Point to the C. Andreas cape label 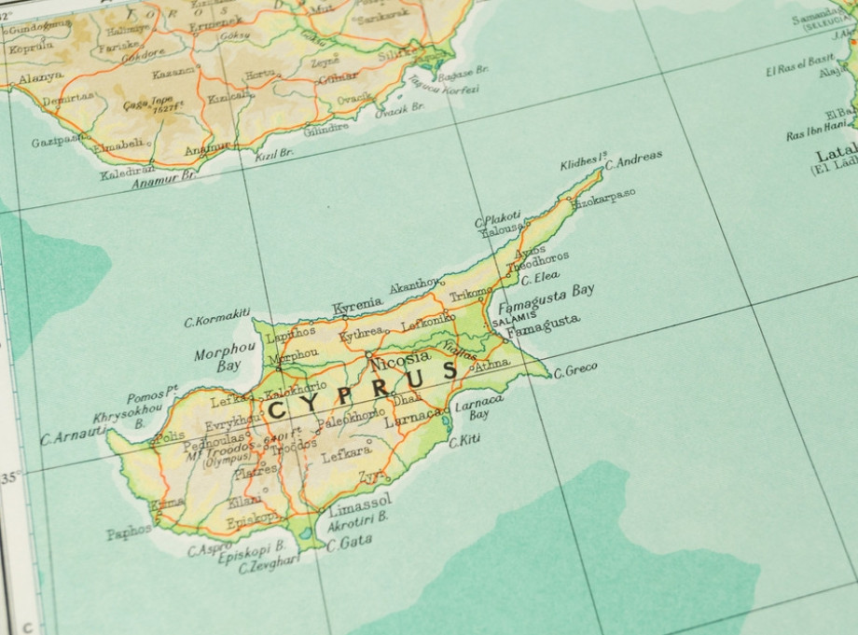[x=634, y=159]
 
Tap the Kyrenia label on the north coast [x=357, y=305]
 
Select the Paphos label [x=129, y=532]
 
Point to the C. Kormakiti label [x=216, y=318]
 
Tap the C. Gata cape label [x=350, y=541]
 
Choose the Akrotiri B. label [x=357, y=521]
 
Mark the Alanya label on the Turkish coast [x=40, y=76]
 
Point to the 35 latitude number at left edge [x=10, y=477]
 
